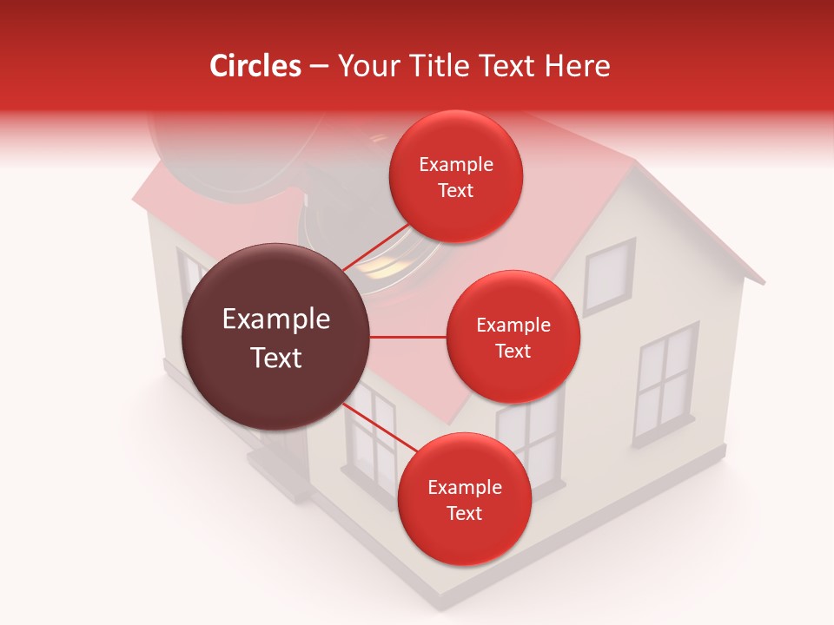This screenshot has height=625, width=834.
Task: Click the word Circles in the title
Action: (255, 66)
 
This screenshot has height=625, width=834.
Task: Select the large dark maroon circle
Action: (275, 337)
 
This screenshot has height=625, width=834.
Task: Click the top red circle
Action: (455, 176)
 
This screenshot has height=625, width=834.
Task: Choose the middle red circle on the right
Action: (513, 337)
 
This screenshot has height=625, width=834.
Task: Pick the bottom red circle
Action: (464, 499)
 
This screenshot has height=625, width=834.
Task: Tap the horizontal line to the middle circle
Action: (407, 337)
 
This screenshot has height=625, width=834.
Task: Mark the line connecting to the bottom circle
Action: (380, 427)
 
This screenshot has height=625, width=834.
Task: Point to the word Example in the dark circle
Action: (276, 319)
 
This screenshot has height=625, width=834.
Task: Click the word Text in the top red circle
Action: (455, 190)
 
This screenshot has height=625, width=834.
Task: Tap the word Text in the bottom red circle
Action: (464, 513)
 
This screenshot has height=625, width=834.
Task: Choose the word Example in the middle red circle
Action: (513, 325)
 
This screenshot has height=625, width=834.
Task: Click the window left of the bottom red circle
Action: (371, 434)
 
